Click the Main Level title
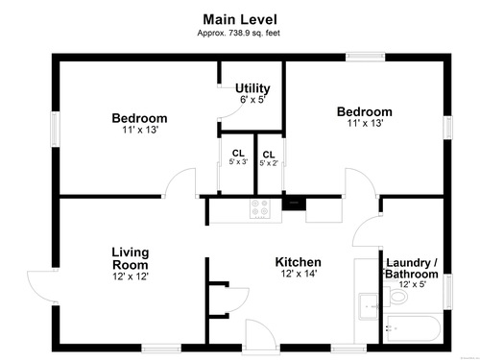tap(240, 19)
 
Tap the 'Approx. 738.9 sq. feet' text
tap(238, 33)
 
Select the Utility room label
tap(252, 88)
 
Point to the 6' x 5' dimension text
tap(252, 100)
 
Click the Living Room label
tap(131, 258)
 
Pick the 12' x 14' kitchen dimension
tap(299, 274)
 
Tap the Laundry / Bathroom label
tap(412, 269)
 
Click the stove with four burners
tap(259, 208)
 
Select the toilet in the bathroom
tap(396, 297)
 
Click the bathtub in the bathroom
tap(413, 329)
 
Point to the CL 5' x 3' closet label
tap(238, 157)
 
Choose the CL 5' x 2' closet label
tap(269, 158)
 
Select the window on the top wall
tap(365, 57)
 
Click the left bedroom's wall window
tap(56, 130)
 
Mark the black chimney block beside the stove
tap(294, 204)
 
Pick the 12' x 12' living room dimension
tap(131, 276)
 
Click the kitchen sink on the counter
tap(369, 306)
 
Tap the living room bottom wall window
tap(161, 348)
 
